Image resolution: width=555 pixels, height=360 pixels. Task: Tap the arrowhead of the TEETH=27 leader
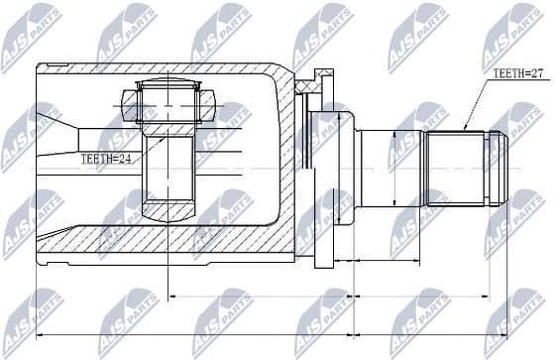(x=463, y=129)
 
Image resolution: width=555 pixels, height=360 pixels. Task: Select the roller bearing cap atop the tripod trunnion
(x=167, y=100)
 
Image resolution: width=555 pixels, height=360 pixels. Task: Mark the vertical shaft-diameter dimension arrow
(x=394, y=170)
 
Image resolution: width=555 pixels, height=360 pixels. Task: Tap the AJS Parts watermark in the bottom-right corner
(x=520, y=317)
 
